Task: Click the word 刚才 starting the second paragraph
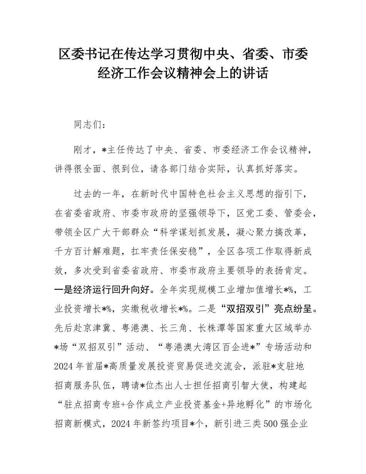[x=83, y=150]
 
